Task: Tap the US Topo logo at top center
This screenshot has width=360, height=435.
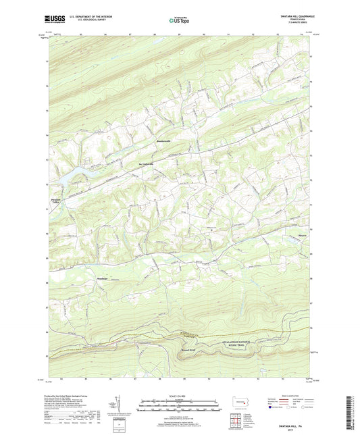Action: pos(177,21)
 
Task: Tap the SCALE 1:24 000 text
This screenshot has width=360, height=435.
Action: pos(180,395)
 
